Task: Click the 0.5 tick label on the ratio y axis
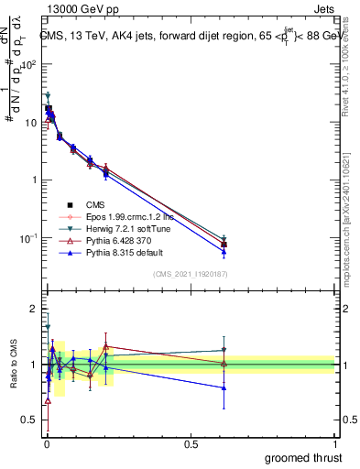[29, 421]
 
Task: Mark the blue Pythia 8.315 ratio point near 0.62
[224, 387]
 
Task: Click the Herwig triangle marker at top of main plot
[48, 95]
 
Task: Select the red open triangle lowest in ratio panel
[48, 400]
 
